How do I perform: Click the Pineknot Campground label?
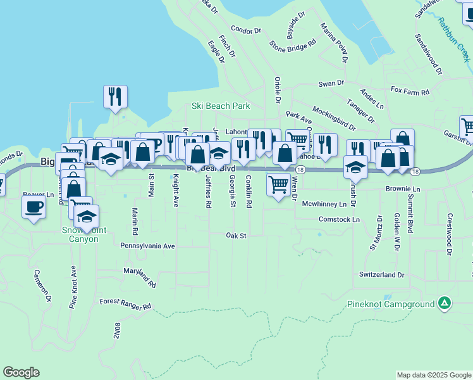(x=390, y=304)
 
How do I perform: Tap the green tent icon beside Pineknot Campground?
(x=445, y=303)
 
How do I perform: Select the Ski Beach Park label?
(x=221, y=106)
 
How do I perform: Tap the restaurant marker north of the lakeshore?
(x=115, y=96)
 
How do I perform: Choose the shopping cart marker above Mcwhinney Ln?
(x=278, y=184)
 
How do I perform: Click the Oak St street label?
(x=235, y=235)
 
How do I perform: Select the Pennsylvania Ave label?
(x=147, y=246)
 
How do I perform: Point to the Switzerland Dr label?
(x=381, y=275)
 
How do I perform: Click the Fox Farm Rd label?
(x=410, y=92)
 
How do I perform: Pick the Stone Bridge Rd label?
(x=292, y=46)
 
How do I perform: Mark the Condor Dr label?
(x=246, y=30)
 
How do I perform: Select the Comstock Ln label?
(x=339, y=219)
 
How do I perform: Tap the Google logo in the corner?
(x=21, y=372)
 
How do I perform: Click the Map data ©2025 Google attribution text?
(x=434, y=375)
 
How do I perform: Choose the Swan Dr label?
(x=331, y=83)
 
